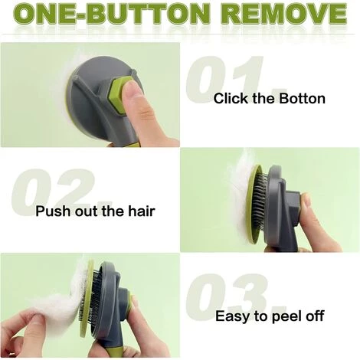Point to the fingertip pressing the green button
click(x=131, y=90)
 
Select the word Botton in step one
click(x=302, y=98)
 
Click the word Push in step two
click(x=52, y=211)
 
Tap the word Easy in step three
click(x=233, y=316)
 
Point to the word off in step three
click(x=315, y=316)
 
